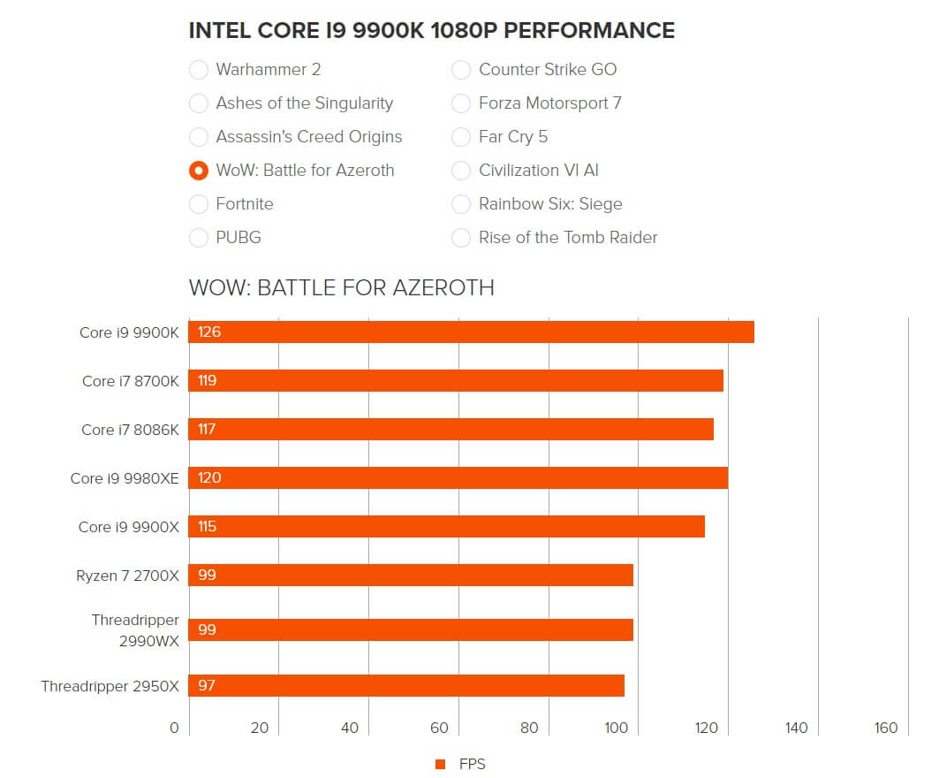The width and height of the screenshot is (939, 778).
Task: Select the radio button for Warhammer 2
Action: (x=199, y=70)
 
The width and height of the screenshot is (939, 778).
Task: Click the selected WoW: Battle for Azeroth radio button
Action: (x=199, y=171)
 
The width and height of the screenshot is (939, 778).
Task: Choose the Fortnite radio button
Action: (x=199, y=204)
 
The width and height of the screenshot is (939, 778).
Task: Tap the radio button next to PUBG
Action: (x=199, y=238)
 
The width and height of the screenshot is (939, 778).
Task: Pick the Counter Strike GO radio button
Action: (x=461, y=70)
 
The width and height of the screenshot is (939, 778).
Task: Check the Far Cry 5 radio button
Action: (x=461, y=137)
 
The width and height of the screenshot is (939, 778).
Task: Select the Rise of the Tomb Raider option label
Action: (x=568, y=238)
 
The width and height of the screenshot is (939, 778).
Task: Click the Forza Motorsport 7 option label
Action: (x=549, y=103)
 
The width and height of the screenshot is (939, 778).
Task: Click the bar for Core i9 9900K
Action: (x=472, y=332)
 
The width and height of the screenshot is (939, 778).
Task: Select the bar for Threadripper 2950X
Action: (x=406, y=686)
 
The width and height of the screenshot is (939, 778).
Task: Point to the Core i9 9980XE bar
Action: (x=458, y=478)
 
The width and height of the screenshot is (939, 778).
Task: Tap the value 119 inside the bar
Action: (x=208, y=381)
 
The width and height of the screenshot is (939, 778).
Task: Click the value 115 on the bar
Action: (x=208, y=527)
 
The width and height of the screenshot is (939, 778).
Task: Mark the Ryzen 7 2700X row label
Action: (x=128, y=576)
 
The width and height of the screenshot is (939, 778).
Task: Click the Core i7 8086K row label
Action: (x=131, y=430)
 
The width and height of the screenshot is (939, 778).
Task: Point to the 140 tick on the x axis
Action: (x=796, y=728)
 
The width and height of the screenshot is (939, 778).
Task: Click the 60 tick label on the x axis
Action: (x=439, y=728)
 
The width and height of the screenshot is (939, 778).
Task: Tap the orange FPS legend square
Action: (x=440, y=765)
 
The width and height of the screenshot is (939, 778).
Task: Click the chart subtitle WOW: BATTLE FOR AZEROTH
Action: (x=342, y=288)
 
